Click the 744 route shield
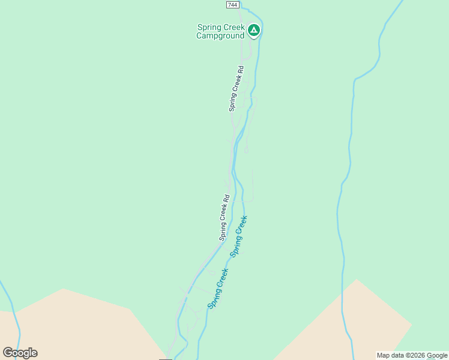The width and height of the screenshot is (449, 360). point(233,5)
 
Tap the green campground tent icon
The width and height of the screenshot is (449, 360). point(254,29)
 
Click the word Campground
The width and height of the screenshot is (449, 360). point(220,35)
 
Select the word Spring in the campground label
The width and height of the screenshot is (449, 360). point(209,27)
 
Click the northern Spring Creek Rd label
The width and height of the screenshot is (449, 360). point(237,88)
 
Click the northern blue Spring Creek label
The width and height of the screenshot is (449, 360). point(239,236)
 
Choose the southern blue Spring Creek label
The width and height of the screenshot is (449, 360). point(218,289)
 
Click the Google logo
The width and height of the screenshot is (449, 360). point(20,353)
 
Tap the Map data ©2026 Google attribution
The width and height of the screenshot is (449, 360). point(412,355)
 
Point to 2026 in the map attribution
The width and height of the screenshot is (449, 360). point(415,355)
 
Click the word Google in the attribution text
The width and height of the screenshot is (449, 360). point(437,355)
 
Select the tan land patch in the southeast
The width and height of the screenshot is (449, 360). point(354,324)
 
